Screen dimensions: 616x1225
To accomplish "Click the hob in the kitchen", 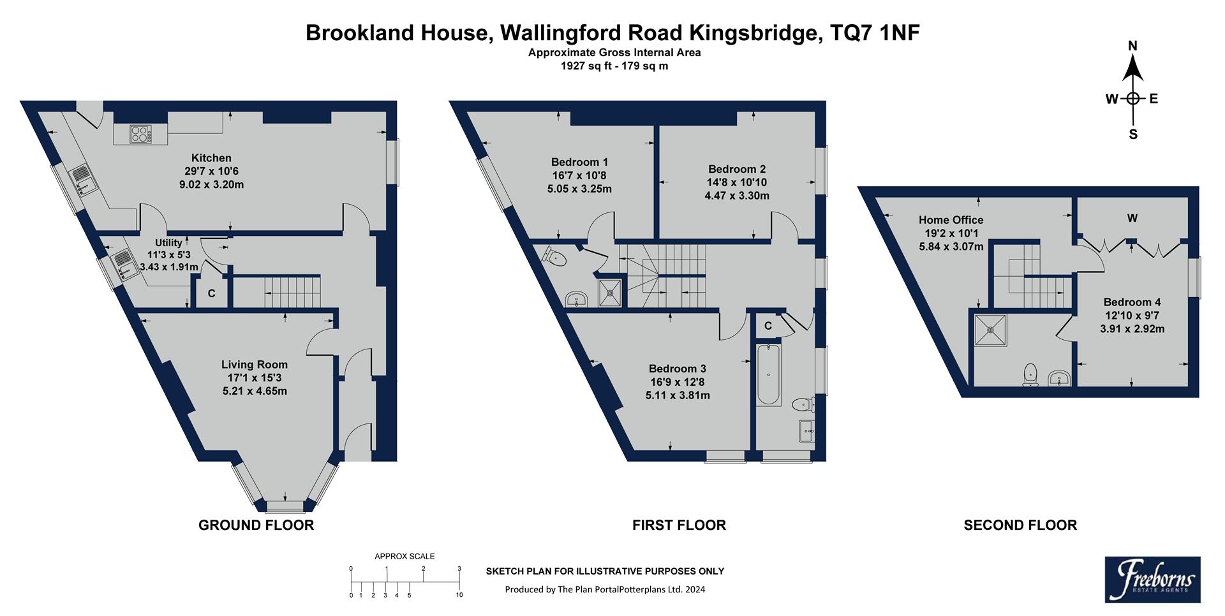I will pos(140,134).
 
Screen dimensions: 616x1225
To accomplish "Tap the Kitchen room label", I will pos(211,158).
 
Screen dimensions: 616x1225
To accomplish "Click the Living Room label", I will pos(255,365).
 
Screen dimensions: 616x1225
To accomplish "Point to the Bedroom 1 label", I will pos(579,162).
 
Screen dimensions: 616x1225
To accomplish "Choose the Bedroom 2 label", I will pos(737,169).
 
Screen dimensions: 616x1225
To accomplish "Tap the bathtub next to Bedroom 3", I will pos(768,376).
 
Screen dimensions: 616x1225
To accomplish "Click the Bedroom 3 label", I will pos(678,369).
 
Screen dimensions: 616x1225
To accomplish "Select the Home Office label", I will pos(951,220).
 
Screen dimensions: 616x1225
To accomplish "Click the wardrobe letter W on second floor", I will pos(1132,219).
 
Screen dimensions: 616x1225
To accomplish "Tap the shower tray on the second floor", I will pos(991,330).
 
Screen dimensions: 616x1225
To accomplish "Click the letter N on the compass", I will pos(1133,46).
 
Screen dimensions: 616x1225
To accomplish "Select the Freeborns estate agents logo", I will pos(1152,579).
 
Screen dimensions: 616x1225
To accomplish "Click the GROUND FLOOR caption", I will pos(256,525).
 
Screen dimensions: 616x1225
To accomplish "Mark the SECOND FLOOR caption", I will pos(1020,525).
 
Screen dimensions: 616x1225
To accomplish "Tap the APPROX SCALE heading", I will pos(405,556).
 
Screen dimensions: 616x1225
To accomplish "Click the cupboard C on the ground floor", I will pos(211,294).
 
